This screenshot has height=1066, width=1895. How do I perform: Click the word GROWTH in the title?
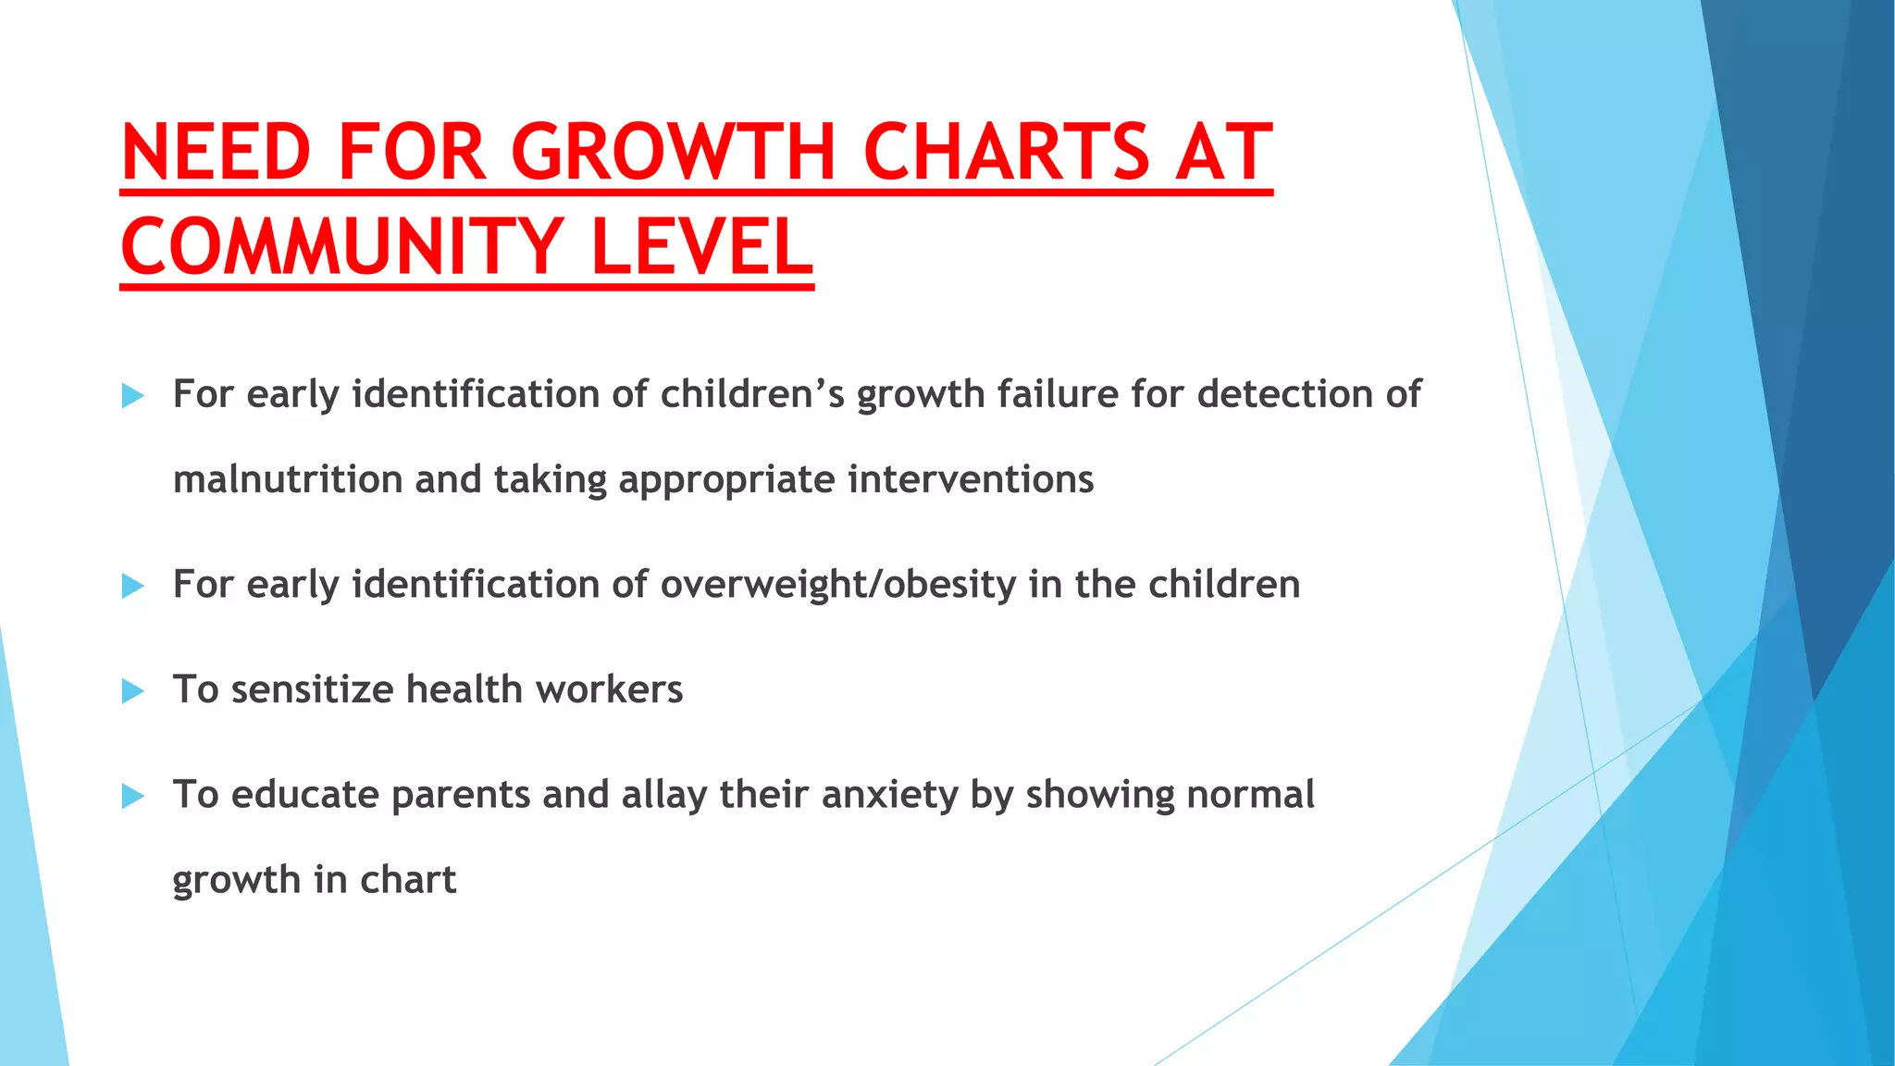tap(674, 153)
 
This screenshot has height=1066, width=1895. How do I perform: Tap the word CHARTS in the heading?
tap(1006, 153)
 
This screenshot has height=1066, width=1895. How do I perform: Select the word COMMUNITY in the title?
tap(341, 248)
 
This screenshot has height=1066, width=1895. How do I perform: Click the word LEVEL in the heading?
tap(701, 248)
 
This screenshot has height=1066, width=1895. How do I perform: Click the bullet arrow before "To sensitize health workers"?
tap(133, 691)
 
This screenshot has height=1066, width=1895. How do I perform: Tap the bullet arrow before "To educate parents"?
tap(133, 796)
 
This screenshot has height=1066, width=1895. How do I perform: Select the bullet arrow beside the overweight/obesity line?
tap(133, 586)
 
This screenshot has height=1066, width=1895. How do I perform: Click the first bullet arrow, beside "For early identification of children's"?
tap(133, 396)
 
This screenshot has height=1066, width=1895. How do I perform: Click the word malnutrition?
tap(288, 479)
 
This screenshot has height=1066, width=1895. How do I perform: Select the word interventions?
tap(971, 479)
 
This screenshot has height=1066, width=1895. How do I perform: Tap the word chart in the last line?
tap(408, 879)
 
